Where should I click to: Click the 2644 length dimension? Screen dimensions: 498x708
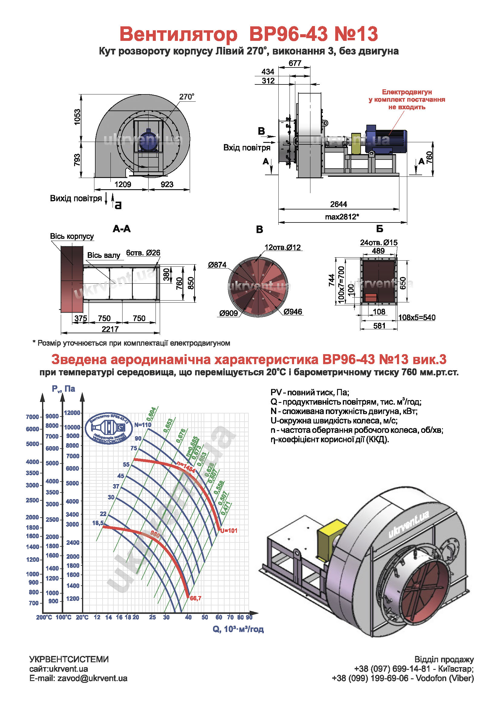[x=338, y=204]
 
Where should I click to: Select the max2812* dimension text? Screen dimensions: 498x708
[x=342, y=217]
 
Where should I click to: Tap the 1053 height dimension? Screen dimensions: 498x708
[x=77, y=117]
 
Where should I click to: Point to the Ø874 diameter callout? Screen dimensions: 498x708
[x=217, y=265]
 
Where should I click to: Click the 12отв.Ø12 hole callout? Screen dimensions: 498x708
[x=283, y=247]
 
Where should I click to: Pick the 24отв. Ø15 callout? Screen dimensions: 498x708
[x=379, y=242]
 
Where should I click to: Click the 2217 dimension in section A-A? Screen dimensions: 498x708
[x=110, y=329]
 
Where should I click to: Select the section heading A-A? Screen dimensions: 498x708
[x=122, y=229]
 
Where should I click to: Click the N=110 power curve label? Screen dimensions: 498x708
[x=143, y=425]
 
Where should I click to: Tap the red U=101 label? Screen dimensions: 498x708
[x=229, y=530]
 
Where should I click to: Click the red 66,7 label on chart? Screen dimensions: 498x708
[x=195, y=598]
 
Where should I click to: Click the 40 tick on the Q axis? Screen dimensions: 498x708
[x=188, y=617]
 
